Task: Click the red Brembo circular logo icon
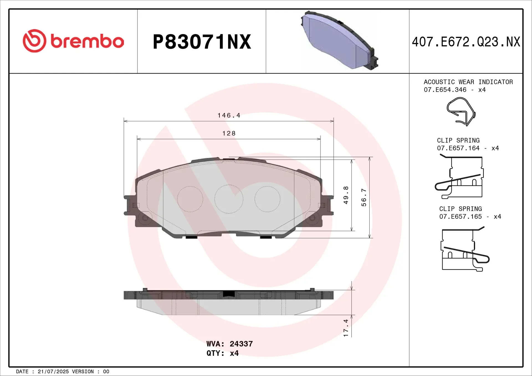tap(35, 41)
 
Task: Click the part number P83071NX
tap(202, 42)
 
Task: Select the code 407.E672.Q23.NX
tap(466, 42)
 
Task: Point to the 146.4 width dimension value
tap(229, 115)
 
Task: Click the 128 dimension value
tap(229, 133)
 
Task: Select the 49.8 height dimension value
tap(346, 195)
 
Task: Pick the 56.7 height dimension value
tap(364, 197)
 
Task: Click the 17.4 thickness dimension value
tap(346, 328)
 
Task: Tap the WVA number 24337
tap(241, 344)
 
